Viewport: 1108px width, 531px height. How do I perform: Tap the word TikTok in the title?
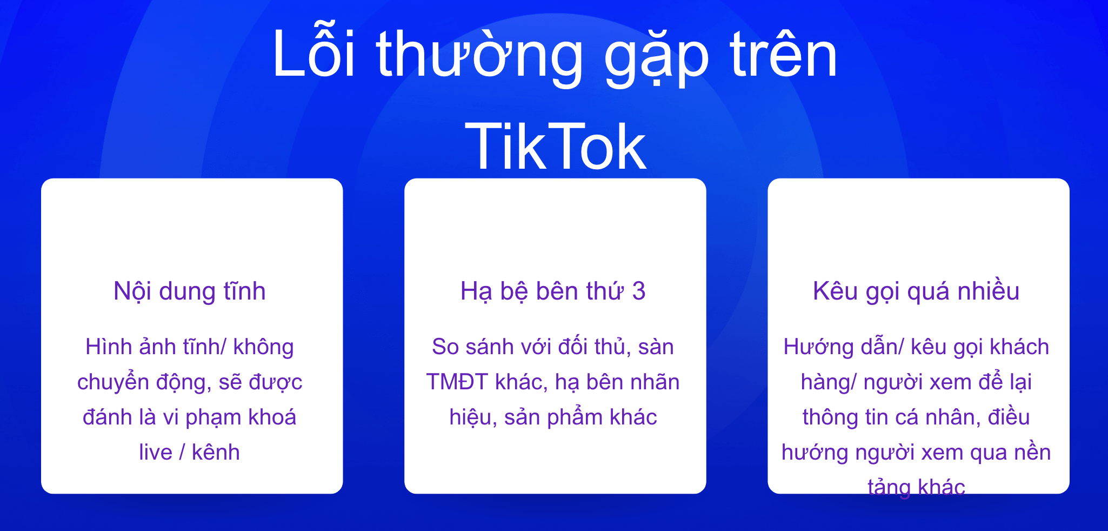tap(556, 146)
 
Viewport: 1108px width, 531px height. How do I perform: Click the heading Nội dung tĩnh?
tap(190, 291)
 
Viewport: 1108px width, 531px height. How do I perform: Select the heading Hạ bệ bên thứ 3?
tap(553, 291)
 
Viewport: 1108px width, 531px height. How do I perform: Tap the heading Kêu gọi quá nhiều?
tap(916, 291)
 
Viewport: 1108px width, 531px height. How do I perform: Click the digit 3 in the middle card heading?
tap(639, 291)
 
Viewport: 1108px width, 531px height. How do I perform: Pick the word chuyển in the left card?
tap(113, 382)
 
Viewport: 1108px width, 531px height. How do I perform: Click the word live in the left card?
tap(156, 452)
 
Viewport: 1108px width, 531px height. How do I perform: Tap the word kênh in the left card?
tap(216, 452)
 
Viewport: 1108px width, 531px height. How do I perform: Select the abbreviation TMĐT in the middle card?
tap(457, 382)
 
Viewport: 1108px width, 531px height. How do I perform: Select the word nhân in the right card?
tap(954, 417)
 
